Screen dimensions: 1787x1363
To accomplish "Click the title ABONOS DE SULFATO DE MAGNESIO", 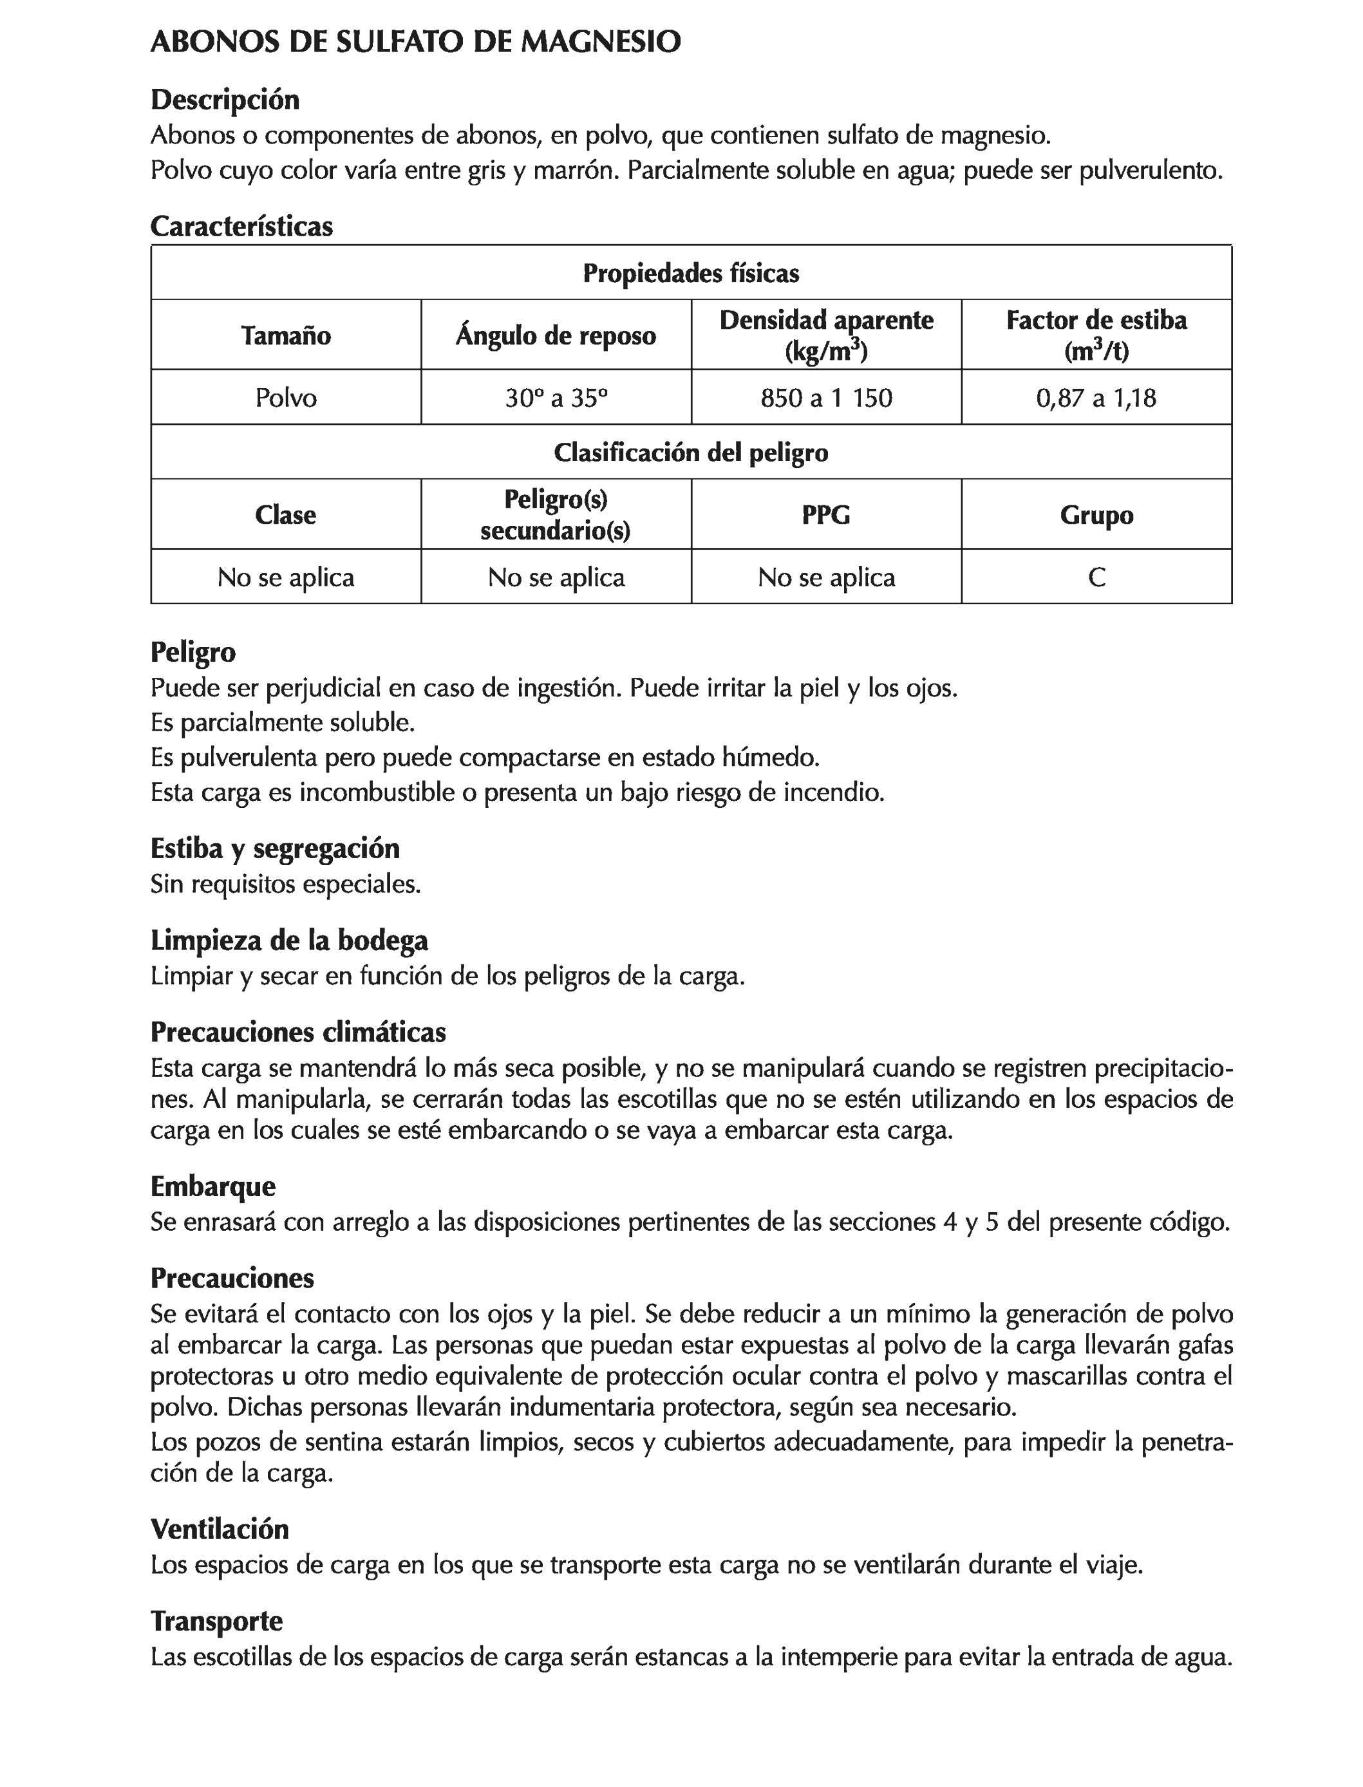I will (415, 42).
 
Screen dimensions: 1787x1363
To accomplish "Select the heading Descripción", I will (225, 100).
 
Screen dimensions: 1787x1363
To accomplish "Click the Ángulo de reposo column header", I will (556, 335).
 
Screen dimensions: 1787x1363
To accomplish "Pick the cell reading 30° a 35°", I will (556, 397).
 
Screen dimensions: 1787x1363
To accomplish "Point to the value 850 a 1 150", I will (826, 397).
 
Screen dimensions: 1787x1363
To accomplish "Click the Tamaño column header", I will (286, 335).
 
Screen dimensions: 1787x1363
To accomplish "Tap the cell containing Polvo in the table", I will (286, 397).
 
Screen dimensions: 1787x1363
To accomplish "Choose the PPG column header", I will (826, 514).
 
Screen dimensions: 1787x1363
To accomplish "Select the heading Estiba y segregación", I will (275, 848).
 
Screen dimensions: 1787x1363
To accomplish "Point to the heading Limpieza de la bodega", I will (289, 940).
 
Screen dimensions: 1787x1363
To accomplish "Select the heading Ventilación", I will (219, 1529).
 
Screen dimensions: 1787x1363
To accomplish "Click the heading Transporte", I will (216, 1621).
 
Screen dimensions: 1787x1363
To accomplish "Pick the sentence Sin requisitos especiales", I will (286, 883).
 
